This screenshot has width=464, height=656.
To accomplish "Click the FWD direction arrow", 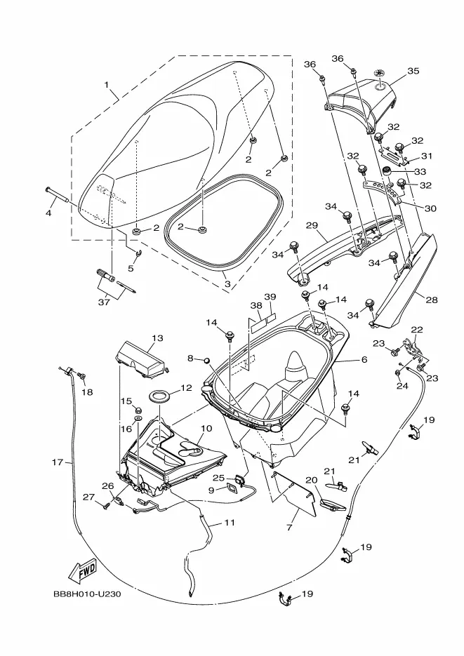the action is coord(83,570).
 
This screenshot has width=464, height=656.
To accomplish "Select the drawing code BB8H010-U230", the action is coord(88,594).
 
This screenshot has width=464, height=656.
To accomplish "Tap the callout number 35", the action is coord(413,71).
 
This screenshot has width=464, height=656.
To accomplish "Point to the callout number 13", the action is coord(157,338).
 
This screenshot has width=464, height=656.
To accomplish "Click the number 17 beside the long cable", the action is coord(58,462).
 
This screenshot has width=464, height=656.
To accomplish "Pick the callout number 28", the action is coord(432,300).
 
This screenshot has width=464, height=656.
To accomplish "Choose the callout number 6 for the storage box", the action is coord(364,359).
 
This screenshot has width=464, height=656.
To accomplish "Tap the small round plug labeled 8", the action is coord(206,360).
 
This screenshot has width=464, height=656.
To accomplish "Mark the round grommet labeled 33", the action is coord(389,171).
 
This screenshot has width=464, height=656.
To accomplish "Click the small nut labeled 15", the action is coord(138,409).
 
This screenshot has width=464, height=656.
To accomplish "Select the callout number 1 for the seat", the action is coord(106,85).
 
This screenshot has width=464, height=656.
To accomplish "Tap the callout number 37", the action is coord(104,301).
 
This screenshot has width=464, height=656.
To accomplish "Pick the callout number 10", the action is coord(206,429).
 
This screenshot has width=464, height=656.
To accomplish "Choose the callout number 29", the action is coord(312,226).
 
